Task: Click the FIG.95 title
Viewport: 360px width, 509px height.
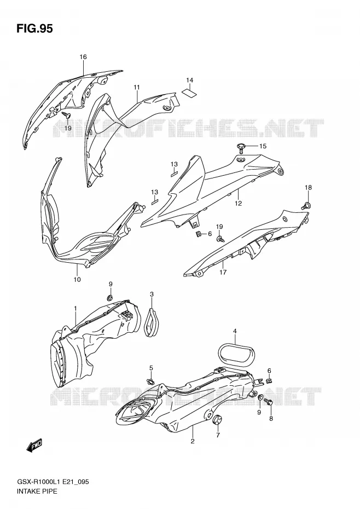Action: tap(34, 28)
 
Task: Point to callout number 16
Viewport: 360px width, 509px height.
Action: tap(83, 57)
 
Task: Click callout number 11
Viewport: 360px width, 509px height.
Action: tap(137, 87)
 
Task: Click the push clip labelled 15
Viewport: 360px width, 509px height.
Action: tap(241, 148)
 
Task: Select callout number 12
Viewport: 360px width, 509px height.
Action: tap(239, 203)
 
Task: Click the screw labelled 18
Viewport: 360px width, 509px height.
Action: tap(306, 205)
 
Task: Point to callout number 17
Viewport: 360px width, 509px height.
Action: tap(223, 272)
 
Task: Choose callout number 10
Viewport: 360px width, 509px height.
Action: tap(77, 279)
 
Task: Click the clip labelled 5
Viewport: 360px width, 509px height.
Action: tap(150, 381)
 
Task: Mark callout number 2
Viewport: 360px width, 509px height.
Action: tap(193, 441)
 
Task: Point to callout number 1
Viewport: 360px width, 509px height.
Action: tap(76, 308)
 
